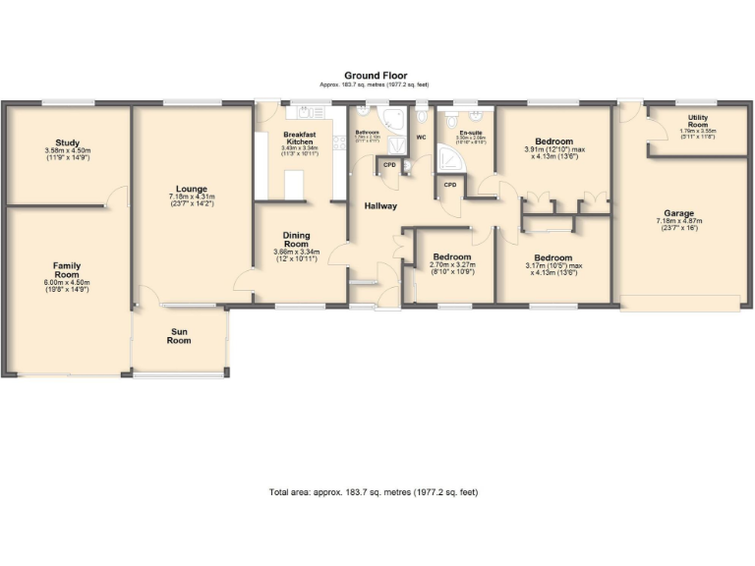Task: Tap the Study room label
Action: click(68, 142)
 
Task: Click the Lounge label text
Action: click(191, 190)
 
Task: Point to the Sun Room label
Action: click(179, 336)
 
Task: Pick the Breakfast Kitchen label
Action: click(299, 139)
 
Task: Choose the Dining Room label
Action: click(296, 240)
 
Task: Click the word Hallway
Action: click(379, 205)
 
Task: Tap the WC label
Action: click(421, 138)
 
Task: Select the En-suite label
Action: click(471, 132)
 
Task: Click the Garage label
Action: click(678, 213)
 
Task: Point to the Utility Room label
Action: click(696, 121)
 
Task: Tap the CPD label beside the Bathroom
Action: click(389, 165)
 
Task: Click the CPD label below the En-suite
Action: click(450, 184)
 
